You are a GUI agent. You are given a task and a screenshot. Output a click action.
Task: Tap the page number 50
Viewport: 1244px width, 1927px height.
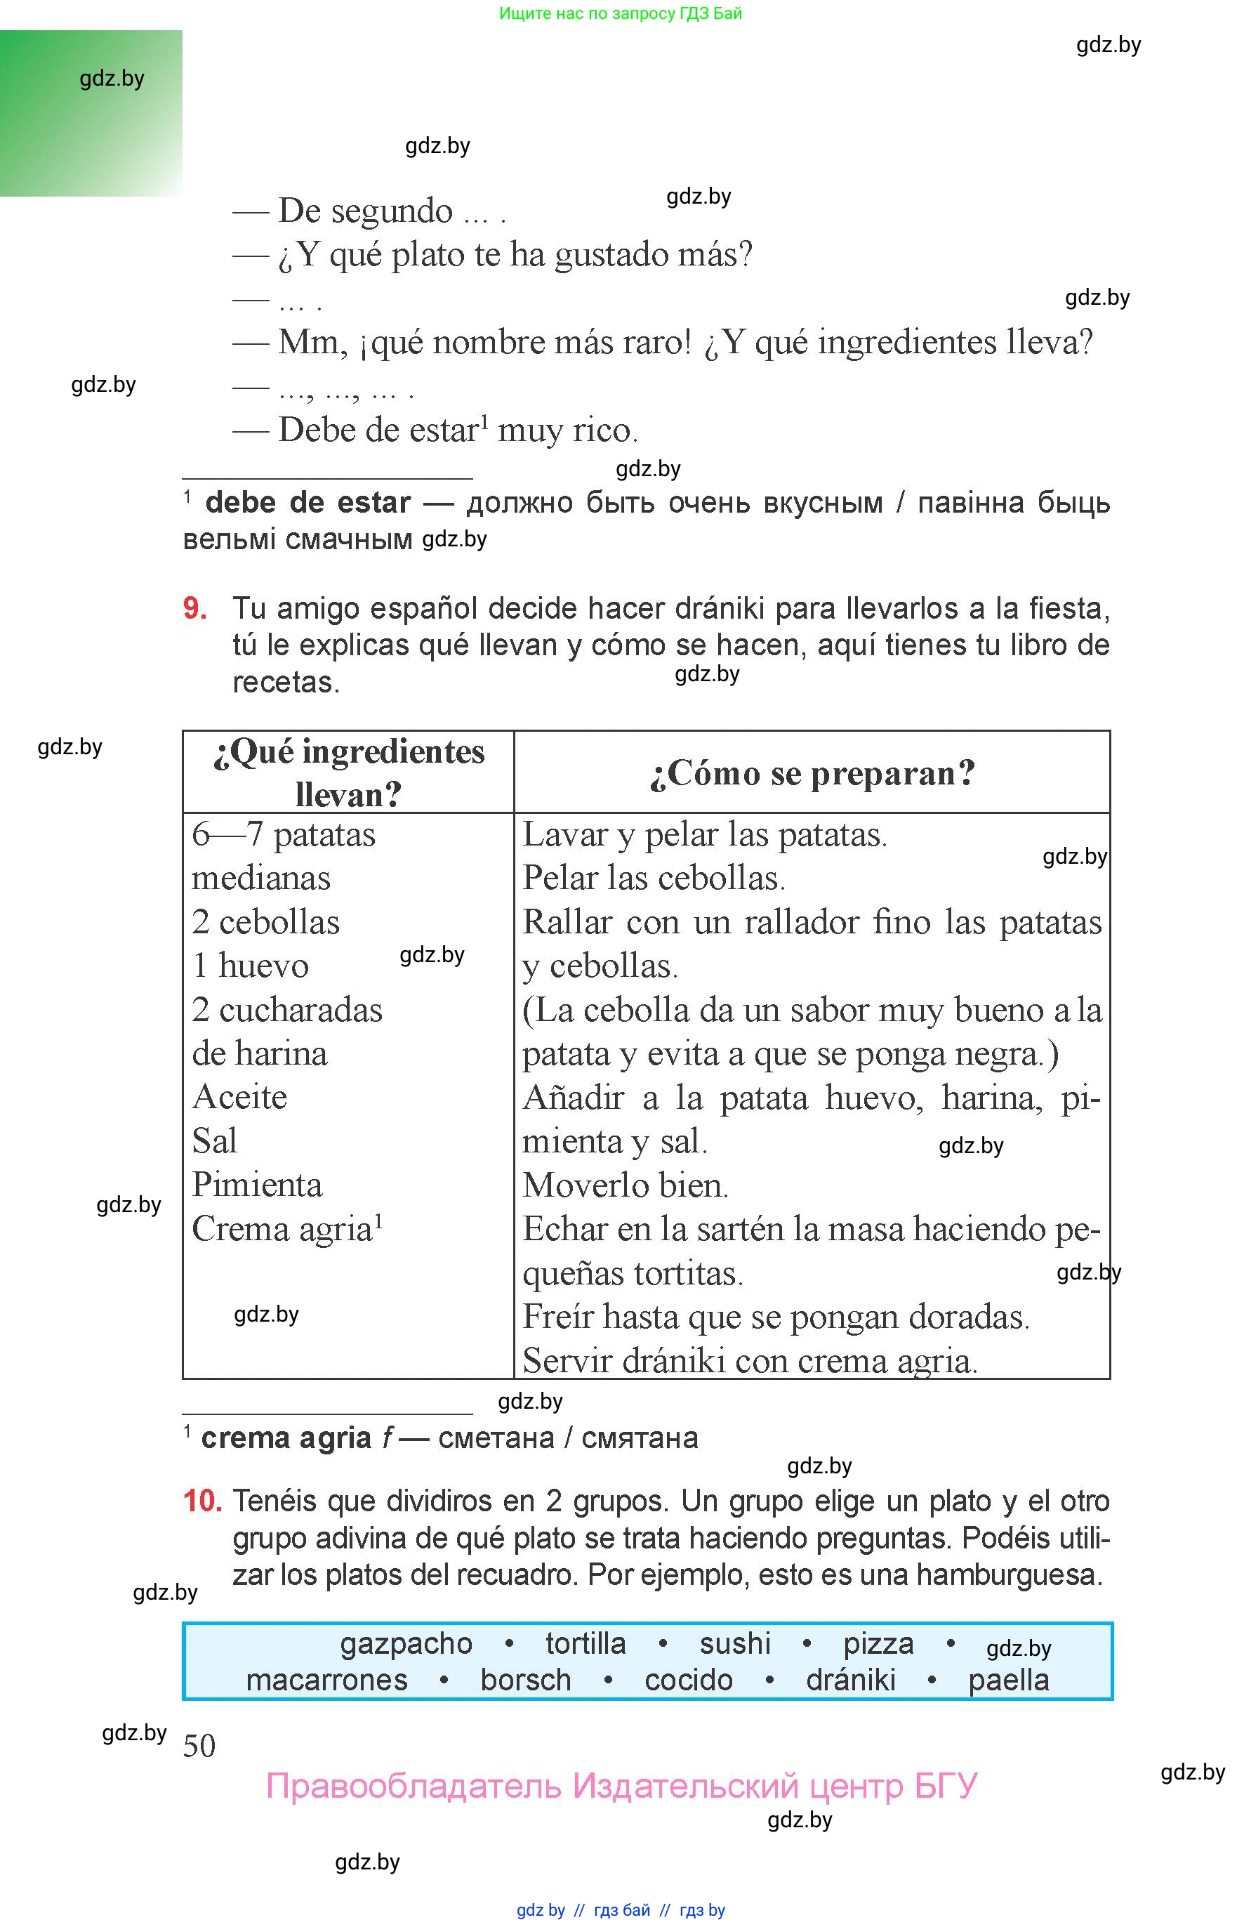click(199, 1746)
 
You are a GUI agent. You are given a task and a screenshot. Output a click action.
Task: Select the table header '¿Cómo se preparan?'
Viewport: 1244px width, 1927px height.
click(812, 773)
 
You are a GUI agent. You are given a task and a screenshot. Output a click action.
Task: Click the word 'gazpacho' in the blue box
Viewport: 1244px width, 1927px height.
click(406, 1644)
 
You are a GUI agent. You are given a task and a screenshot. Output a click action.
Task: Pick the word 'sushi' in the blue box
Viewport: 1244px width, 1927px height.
click(734, 1644)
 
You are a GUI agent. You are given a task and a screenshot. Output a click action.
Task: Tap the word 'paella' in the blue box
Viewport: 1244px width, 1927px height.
click(1008, 1681)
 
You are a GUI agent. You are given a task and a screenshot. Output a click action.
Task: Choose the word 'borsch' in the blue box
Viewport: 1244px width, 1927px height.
click(525, 1681)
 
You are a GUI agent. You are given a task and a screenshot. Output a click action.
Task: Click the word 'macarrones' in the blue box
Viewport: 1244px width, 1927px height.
click(326, 1681)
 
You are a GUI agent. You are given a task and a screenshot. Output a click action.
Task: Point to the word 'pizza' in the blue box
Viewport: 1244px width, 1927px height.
click(878, 1644)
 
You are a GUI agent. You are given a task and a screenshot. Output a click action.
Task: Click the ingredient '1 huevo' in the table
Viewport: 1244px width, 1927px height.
click(251, 966)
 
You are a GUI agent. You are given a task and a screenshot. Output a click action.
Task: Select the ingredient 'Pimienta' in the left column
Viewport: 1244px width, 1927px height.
click(257, 1185)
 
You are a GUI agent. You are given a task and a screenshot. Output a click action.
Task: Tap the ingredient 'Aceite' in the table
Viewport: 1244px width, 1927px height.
click(240, 1097)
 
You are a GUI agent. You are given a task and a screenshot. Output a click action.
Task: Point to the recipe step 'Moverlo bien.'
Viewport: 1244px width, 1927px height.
click(626, 1185)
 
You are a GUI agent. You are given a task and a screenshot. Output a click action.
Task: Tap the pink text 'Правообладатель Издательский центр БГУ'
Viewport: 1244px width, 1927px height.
click(621, 1787)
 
